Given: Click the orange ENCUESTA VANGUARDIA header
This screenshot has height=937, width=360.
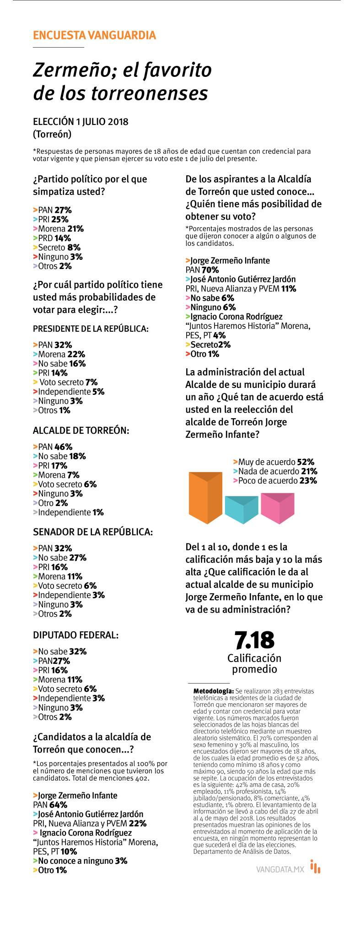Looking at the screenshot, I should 94,35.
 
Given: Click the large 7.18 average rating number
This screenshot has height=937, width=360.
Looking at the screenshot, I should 254,640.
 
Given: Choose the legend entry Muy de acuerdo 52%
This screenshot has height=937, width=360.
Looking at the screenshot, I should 274,462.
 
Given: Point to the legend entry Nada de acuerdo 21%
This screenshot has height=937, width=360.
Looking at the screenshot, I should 275,471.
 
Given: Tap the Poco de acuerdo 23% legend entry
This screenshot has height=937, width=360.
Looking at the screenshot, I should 275,480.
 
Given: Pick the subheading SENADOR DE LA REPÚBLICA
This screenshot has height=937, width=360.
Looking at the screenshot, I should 93,532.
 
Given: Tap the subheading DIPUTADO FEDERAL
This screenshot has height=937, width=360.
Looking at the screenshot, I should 76,635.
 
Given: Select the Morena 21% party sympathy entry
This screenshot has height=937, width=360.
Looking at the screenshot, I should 59,229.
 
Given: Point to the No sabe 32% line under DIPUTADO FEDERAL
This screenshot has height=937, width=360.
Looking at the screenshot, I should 60,652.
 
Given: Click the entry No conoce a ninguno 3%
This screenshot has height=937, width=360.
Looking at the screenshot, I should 80,861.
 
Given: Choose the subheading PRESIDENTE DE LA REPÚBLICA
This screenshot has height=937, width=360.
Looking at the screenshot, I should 91,328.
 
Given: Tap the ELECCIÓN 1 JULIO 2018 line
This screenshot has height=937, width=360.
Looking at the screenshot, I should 81,122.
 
